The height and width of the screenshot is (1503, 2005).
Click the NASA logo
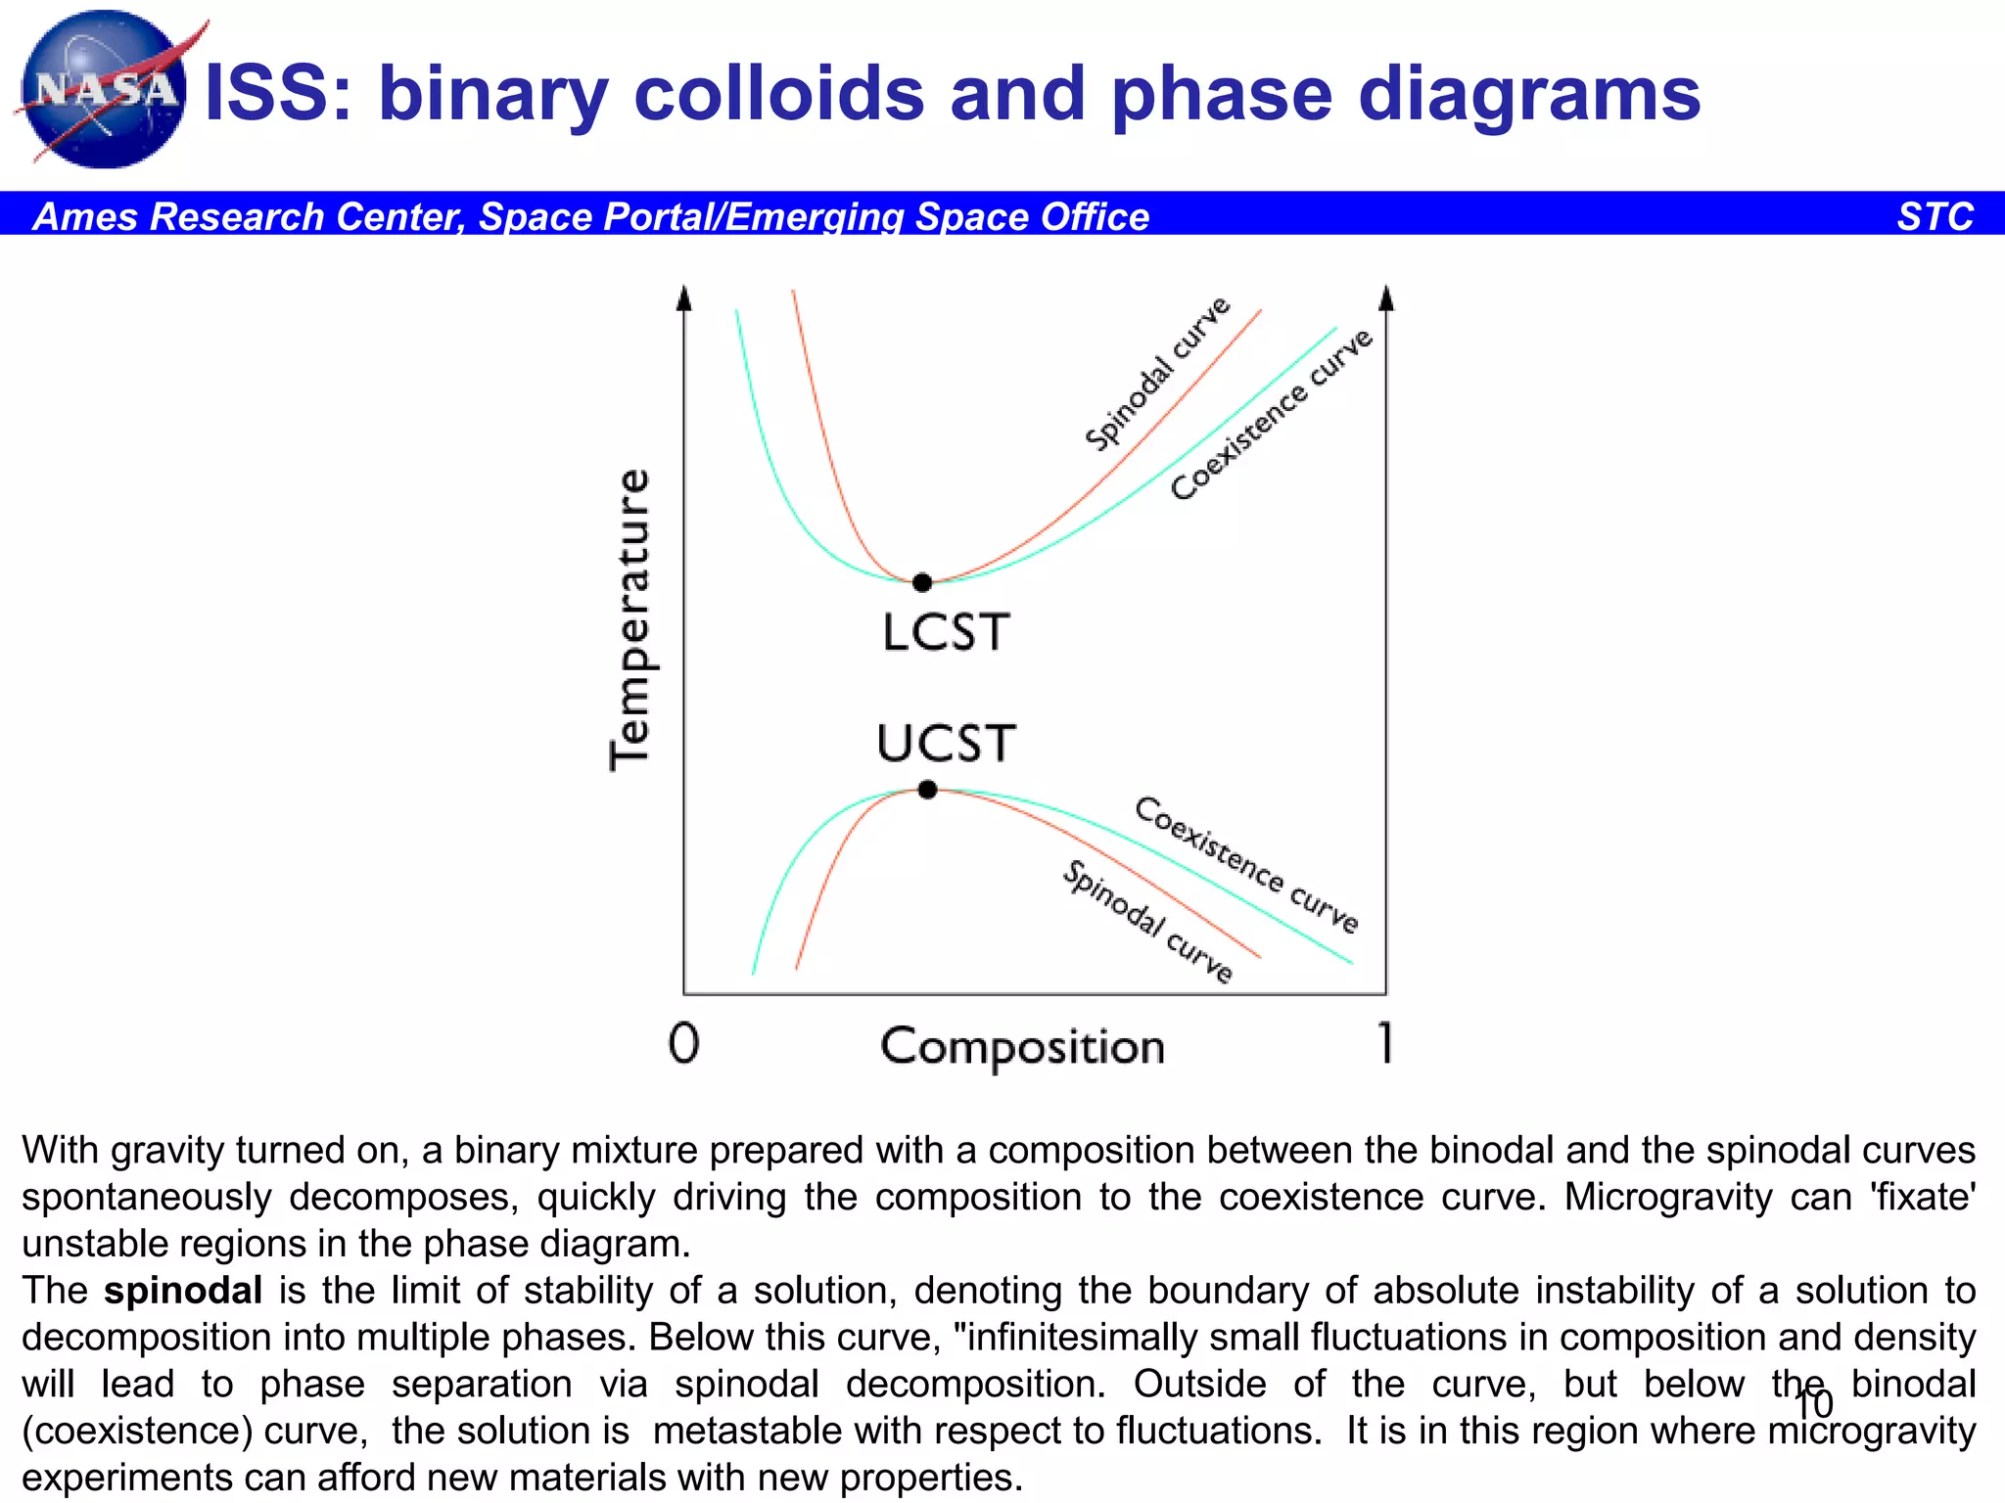(103, 90)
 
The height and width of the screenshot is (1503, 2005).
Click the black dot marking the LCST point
(922, 583)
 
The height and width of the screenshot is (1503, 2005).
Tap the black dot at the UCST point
(928, 790)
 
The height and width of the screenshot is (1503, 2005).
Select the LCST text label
(945, 633)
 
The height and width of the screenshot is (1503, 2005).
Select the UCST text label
(946, 744)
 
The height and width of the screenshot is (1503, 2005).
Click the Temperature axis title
(629, 619)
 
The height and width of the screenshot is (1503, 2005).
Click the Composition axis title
(1022, 1047)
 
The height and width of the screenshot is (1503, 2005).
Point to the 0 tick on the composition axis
(684, 1043)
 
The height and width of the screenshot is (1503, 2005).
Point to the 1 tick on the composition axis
(1384, 1042)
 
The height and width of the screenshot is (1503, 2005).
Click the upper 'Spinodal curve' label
(1157, 374)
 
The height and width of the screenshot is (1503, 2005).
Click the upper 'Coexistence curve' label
(1272, 415)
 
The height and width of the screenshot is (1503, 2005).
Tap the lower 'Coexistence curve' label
(1246, 865)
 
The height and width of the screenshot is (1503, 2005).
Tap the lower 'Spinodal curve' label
(1148, 921)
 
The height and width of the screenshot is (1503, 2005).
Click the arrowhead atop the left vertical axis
(684, 297)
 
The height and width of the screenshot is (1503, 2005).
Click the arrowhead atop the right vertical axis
(1385, 297)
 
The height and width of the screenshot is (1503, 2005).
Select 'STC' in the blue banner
(1935, 216)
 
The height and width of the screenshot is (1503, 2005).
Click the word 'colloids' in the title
(779, 94)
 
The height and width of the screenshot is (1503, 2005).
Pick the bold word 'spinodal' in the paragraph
(183, 1291)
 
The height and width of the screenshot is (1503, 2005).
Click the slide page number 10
(1813, 1404)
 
